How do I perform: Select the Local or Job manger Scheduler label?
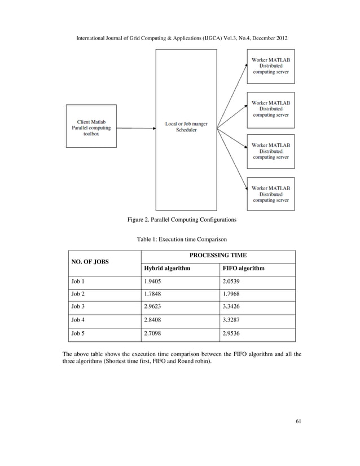pyautogui.click(x=186, y=127)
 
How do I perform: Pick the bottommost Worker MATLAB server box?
pyautogui.click(x=271, y=194)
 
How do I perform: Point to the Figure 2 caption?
pyautogui.click(x=181, y=219)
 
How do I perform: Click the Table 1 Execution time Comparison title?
pyautogui.click(x=181, y=239)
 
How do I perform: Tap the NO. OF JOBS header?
pyautogui.click(x=90, y=262)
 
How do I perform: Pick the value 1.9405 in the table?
pyautogui.click(x=153, y=281)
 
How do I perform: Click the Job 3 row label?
pyautogui.click(x=77, y=307)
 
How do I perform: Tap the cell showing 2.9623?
pyautogui.click(x=153, y=307)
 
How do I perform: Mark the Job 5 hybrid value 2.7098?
pyautogui.click(x=153, y=334)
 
